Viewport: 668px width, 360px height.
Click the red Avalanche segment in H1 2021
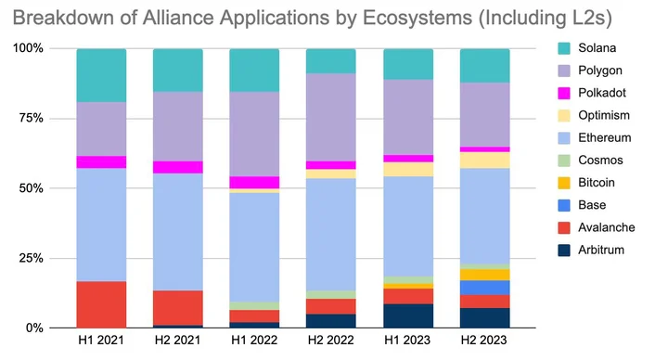click(x=101, y=304)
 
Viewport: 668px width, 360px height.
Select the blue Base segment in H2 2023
click(x=485, y=288)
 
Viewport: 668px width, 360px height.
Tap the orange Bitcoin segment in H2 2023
click(x=485, y=275)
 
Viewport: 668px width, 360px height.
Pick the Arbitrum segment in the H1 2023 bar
click(x=408, y=315)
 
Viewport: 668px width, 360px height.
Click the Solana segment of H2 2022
click(x=331, y=61)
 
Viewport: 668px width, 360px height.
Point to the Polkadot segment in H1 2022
click(x=254, y=183)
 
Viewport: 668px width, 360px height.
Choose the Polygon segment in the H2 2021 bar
click(x=178, y=126)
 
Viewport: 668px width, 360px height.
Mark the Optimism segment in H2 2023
click(x=485, y=161)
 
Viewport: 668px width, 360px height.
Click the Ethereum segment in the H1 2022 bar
click(x=254, y=248)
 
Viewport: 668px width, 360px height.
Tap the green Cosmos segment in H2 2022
click(x=331, y=295)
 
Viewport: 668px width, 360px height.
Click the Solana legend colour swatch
click(x=564, y=48)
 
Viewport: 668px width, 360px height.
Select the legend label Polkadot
click(x=602, y=93)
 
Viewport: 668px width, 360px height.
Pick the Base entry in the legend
click(x=592, y=205)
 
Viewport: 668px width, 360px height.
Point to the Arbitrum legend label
click(x=601, y=250)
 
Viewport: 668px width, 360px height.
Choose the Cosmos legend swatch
click(x=564, y=161)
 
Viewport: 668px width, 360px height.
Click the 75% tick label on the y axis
click(x=32, y=118)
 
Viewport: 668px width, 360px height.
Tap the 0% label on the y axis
click(x=34, y=328)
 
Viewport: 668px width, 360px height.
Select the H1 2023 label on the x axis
click(x=407, y=340)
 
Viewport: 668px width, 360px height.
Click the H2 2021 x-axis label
click(x=177, y=340)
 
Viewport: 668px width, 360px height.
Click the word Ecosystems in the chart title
click(x=417, y=19)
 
